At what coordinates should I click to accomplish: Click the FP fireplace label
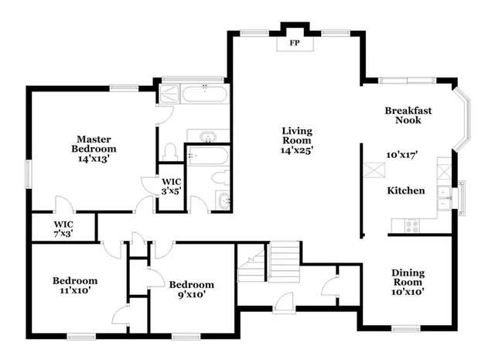pos(294,43)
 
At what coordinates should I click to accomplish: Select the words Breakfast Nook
pos(408,115)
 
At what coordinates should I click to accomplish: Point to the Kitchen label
pos(405,190)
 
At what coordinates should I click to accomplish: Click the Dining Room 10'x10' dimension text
pos(407,291)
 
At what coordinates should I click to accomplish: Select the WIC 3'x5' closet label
pos(171,185)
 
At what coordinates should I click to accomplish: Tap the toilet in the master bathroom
pos(171,152)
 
